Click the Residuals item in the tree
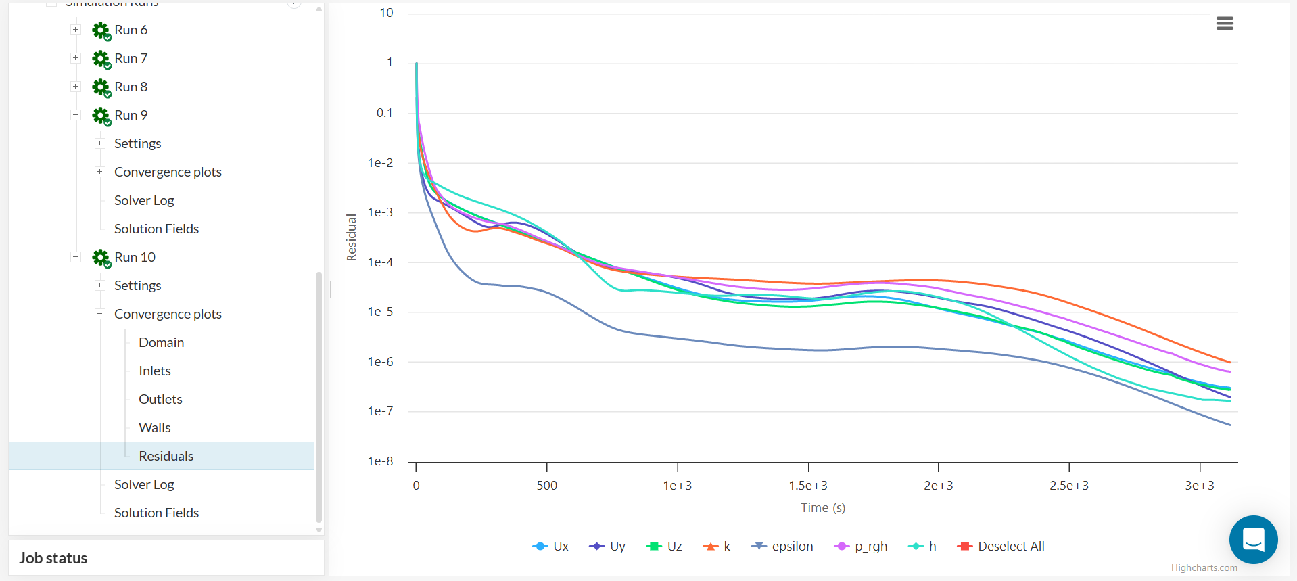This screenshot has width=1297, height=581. pyautogui.click(x=166, y=456)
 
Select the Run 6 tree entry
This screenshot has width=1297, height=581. pyautogui.click(x=131, y=30)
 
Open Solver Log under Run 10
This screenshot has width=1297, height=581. pyautogui.click(x=144, y=484)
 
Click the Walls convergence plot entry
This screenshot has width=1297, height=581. pyautogui.click(x=154, y=427)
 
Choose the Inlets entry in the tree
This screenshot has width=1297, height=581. pyautogui.click(x=154, y=371)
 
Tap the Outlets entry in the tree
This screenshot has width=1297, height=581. pyautogui.click(x=160, y=399)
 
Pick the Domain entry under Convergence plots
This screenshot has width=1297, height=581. pyautogui.click(x=161, y=342)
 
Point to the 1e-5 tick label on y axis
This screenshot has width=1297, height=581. pyautogui.click(x=380, y=312)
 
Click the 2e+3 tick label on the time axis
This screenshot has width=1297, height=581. pyautogui.click(x=938, y=486)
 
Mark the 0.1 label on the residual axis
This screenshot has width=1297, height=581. pyautogui.click(x=384, y=113)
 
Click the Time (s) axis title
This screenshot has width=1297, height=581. pyautogui.click(x=823, y=508)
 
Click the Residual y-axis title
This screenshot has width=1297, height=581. pyautogui.click(x=352, y=237)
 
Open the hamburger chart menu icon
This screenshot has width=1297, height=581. pyautogui.click(x=1225, y=24)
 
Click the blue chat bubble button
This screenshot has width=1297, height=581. pyautogui.click(x=1253, y=540)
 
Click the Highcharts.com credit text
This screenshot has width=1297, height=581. pyautogui.click(x=1204, y=568)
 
